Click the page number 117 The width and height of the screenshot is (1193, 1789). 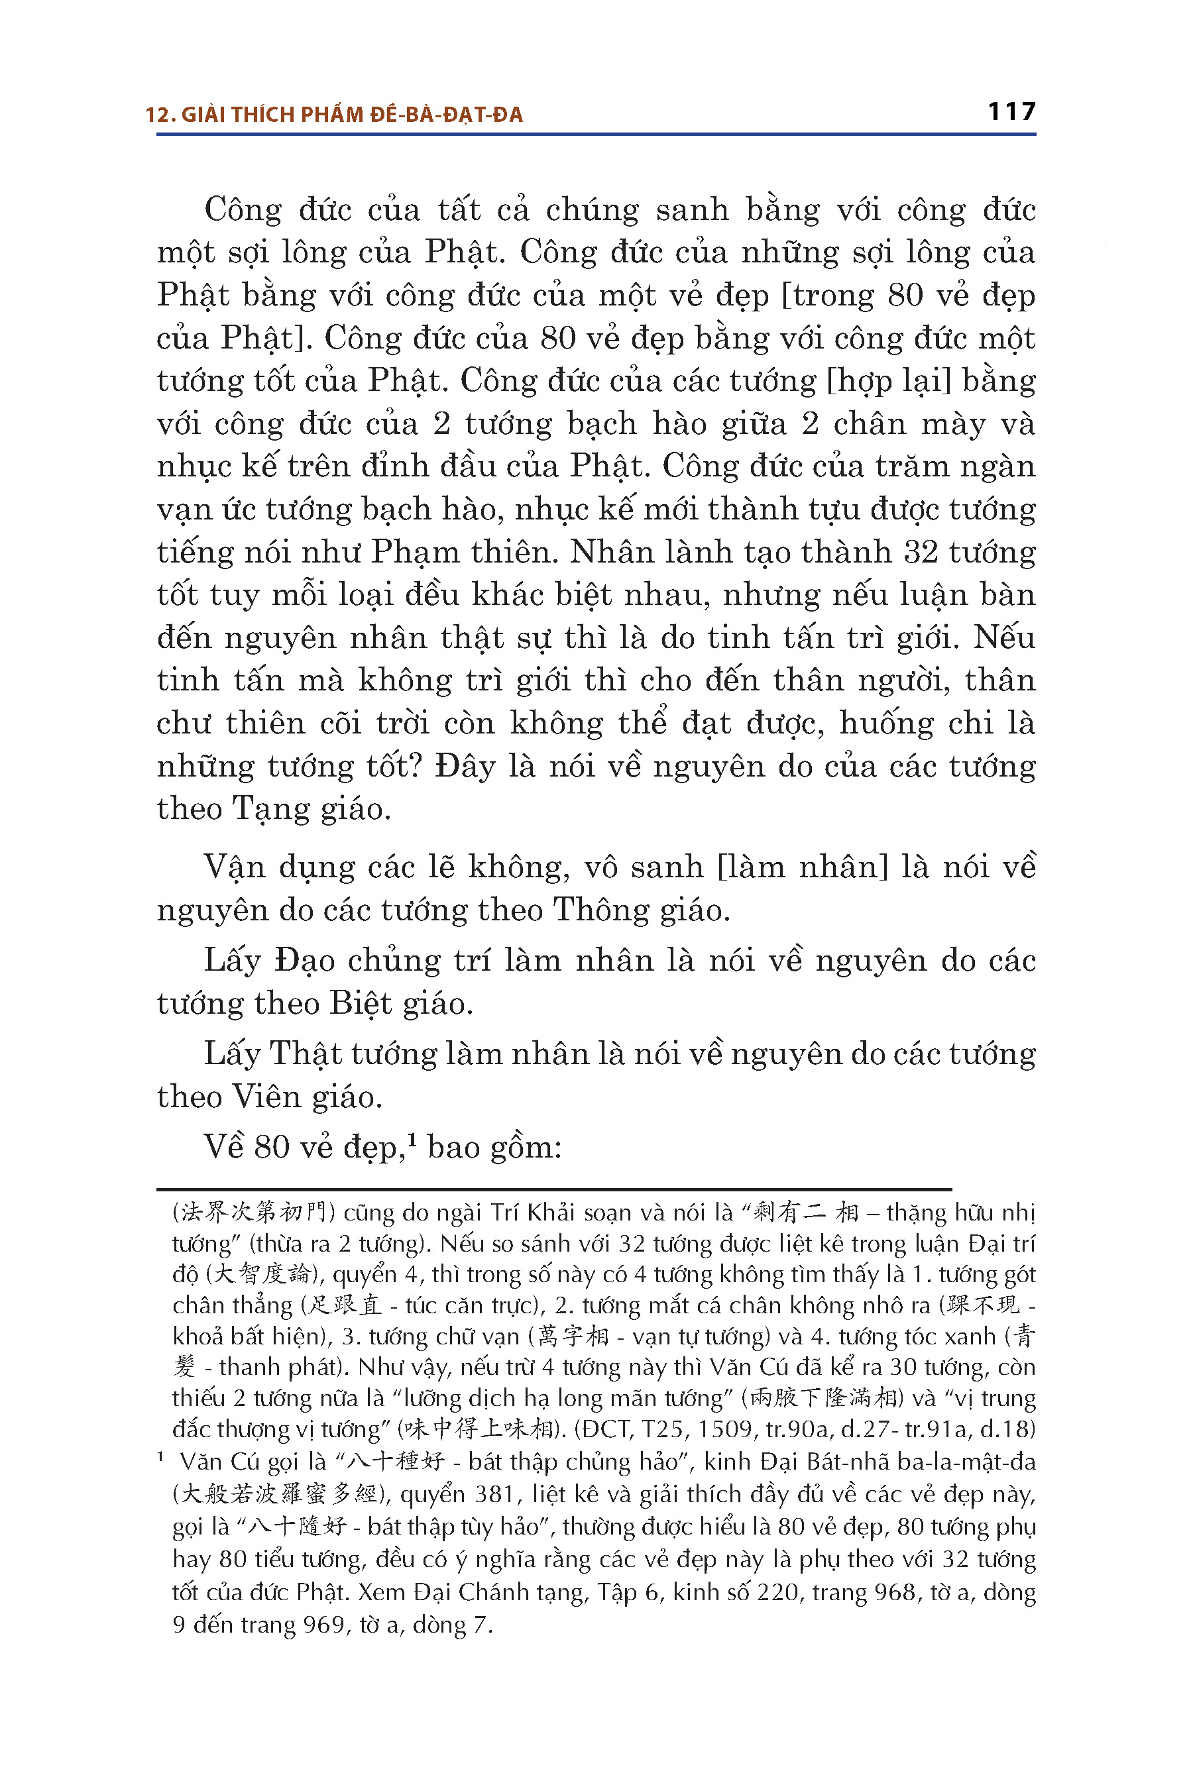[1011, 112]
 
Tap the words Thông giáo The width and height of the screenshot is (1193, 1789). [641, 910]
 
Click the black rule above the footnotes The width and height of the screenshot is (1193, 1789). [554, 1189]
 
